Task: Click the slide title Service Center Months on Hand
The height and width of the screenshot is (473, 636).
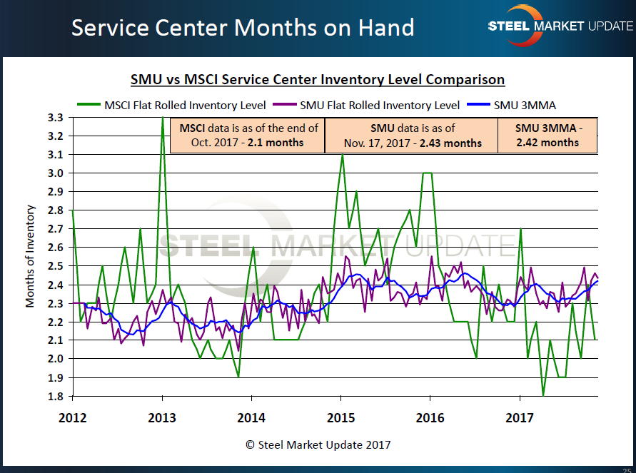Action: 243,28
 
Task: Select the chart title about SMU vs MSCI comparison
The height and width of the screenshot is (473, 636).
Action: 318,80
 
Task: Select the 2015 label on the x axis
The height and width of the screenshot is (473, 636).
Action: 341,417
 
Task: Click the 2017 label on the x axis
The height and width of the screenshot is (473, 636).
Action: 520,417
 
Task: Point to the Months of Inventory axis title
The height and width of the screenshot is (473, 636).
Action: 31,256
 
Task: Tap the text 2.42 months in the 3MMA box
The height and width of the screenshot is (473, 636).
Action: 548,143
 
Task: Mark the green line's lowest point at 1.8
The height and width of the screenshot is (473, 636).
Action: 543,395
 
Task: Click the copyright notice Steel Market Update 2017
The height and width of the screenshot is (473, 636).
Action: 318,444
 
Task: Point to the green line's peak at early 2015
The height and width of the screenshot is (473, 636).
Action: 342,155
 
